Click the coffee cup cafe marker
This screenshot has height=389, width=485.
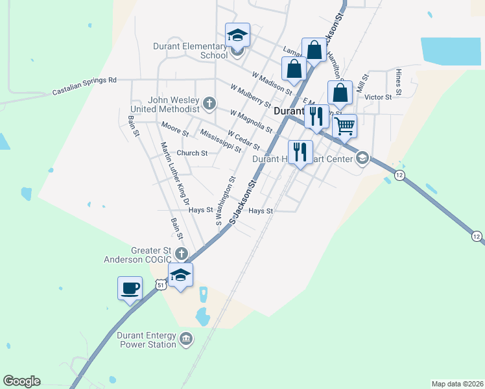130,287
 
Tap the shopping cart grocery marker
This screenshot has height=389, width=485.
344,126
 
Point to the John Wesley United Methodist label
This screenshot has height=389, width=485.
173,104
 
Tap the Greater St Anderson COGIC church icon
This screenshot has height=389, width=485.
182,253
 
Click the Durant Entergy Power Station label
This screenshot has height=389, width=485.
147,340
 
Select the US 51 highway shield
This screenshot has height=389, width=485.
161,285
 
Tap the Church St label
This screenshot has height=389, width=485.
192,154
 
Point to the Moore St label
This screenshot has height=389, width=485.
175,128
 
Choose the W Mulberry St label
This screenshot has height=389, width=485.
250,95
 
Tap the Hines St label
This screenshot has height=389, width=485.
399,82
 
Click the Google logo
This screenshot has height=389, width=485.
21,381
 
